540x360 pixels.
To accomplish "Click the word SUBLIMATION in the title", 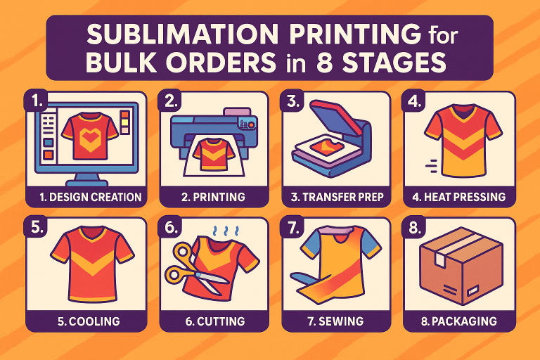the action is (x=182, y=34).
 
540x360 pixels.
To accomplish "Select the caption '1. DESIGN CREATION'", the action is (x=90, y=197).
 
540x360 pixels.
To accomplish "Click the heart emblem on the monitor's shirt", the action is (x=90, y=138).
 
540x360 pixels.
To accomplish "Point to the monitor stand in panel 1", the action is (x=86, y=179).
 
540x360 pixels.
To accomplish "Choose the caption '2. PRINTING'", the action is (x=213, y=197).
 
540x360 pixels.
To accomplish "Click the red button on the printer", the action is (x=252, y=124).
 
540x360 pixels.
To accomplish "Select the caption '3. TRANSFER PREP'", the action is (x=337, y=197).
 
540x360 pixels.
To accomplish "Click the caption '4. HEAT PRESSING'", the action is (x=458, y=197).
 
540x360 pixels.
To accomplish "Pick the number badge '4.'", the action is (x=415, y=101).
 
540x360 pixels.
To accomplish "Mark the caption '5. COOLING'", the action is (x=89, y=321).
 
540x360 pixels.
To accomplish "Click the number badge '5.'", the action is (x=36, y=227).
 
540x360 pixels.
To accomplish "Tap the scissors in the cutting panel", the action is (x=193, y=271).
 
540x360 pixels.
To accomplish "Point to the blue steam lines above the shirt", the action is (x=226, y=231).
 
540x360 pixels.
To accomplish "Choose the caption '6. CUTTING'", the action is (x=215, y=321).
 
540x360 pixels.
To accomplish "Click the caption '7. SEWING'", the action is (x=335, y=321).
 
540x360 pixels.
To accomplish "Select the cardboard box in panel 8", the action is (x=461, y=265).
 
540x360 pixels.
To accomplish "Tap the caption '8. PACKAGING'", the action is (x=458, y=321).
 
